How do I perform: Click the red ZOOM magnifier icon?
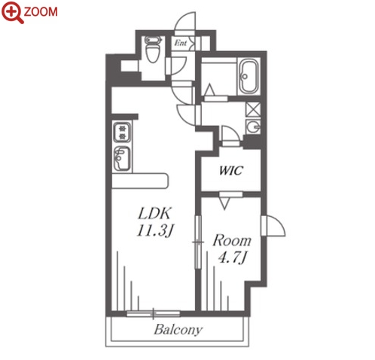[12, 12]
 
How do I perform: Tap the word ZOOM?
[41, 12]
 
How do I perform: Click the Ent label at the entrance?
[181, 43]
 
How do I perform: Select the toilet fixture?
[153, 49]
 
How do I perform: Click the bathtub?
[248, 76]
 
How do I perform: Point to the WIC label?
[231, 170]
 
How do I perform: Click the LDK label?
[154, 213]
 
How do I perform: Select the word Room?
[232, 240]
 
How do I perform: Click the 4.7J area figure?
[232, 257]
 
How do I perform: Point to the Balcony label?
[178, 330]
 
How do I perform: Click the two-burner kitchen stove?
[122, 132]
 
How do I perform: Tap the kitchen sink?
[122, 159]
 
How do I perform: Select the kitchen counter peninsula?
[140, 181]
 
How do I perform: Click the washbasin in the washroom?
[253, 127]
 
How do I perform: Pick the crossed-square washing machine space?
[253, 110]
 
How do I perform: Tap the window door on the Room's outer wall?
[273, 226]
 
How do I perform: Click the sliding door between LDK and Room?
[198, 242]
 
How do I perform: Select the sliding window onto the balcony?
[154, 313]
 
